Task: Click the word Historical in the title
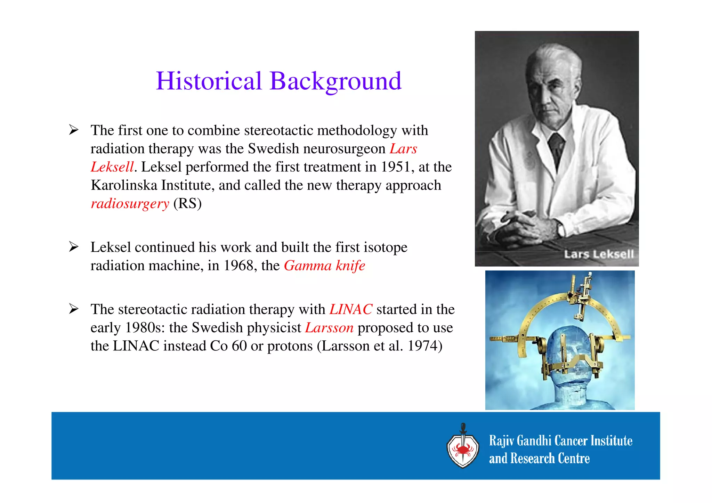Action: point(209,81)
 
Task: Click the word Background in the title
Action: point(335,81)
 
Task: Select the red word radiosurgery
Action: point(130,204)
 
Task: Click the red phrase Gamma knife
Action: point(324,266)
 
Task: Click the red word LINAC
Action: point(351,309)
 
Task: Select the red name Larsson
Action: point(329,328)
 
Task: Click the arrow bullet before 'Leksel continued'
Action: point(74,247)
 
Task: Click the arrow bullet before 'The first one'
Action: point(74,130)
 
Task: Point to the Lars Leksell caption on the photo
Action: point(599,254)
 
